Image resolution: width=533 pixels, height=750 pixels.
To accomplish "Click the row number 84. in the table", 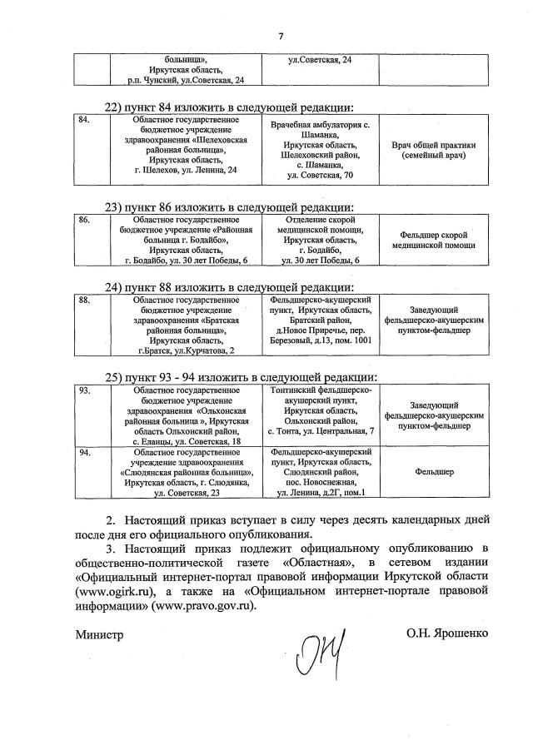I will [x=83, y=120].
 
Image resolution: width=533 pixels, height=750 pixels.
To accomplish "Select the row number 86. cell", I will [x=83, y=219].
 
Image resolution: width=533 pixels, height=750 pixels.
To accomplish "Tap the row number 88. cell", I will [x=83, y=299].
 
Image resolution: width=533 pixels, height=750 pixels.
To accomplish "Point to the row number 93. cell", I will [x=83, y=390].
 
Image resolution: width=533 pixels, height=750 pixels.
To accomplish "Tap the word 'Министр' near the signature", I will [x=97, y=633].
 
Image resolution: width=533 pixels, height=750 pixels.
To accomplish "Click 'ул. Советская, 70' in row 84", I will [x=321, y=176].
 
